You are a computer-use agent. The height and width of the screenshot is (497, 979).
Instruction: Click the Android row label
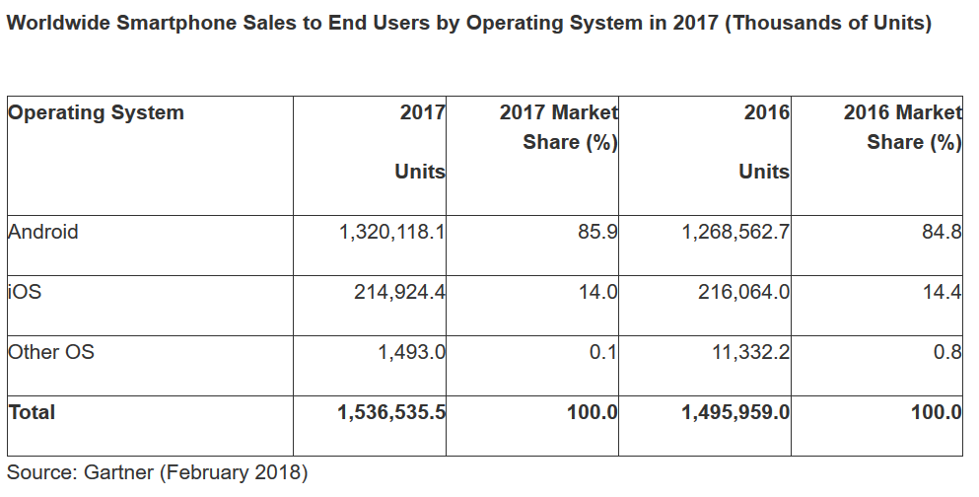(42, 233)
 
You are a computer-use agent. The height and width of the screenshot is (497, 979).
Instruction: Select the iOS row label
(25, 292)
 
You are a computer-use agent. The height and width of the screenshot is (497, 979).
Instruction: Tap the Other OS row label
(51, 351)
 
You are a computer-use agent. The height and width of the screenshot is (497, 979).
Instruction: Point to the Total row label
(32, 412)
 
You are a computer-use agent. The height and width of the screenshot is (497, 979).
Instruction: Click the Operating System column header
(96, 112)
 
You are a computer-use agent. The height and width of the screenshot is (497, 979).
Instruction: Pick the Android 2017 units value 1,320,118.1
(392, 233)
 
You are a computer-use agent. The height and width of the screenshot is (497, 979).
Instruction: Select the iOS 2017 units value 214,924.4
(399, 292)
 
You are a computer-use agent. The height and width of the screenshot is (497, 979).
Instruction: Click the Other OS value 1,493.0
(412, 351)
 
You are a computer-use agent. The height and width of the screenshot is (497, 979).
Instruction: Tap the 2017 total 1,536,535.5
(391, 412)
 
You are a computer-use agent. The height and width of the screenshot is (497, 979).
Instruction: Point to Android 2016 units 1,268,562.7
(735, 233)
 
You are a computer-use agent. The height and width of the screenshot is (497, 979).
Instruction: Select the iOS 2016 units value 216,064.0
(743, 292)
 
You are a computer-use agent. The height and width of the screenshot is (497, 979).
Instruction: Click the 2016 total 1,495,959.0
(735, 412)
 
